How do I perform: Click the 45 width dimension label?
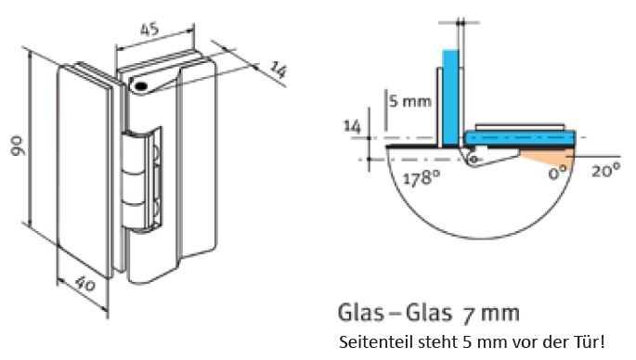(x=149, y=30)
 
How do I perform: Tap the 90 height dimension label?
(x=18, y=146)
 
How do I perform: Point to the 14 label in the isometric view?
(x=279, y=70)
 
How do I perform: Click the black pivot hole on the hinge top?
(x=141, y=86)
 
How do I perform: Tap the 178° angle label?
(x=422, y=177)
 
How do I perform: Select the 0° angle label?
(x=557, y=174)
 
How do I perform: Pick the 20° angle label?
(x=605, y=170)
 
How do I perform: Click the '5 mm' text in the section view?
(x=410, y=101)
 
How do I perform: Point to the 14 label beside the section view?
(x=352, y=126)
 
